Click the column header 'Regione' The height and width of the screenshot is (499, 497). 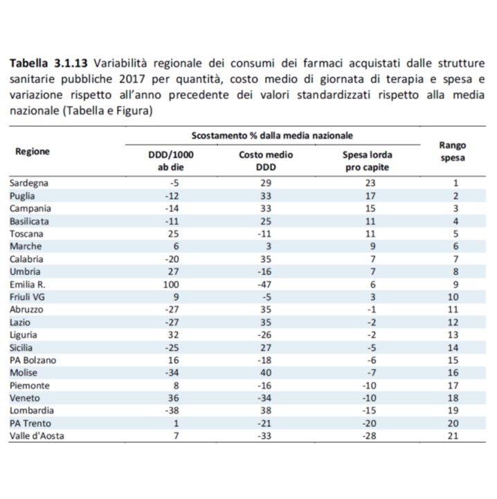click(x=33, y=152)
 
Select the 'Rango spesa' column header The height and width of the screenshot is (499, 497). click(x=453, y=152)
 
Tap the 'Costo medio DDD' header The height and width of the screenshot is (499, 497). click(x=266, y=161)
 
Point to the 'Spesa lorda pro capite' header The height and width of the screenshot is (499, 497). click(x=368, y=161)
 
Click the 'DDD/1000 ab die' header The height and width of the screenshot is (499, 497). click(x=171, y=161)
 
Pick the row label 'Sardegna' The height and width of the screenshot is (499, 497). click(x=29, y=183)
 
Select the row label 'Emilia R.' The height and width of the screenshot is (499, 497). click(x=27, y=285)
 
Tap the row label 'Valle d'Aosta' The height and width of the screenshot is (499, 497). click(x=37, y=436)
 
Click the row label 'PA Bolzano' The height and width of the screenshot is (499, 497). click(x=33, y=360)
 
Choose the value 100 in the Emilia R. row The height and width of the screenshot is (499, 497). click(x=171, y=285)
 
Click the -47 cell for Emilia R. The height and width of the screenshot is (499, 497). click(x=264, y=285)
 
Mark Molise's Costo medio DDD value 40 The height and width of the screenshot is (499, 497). click(x=266, y=373)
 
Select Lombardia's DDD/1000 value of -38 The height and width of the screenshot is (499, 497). click(x=172, y=410)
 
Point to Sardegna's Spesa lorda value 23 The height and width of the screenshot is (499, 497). click(x=370, y=183)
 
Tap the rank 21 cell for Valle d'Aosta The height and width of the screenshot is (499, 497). click(x=453, y=436)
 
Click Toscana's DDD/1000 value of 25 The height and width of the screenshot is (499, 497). click(x=174, y=234)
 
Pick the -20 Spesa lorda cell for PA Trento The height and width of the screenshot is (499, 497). click(x=369, y=423)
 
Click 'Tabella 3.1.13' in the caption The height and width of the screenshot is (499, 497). click(x=48, y=63)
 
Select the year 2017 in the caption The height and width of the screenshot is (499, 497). click(x=132, y=79)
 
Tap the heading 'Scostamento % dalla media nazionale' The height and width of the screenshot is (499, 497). click(x=272, y=136)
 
